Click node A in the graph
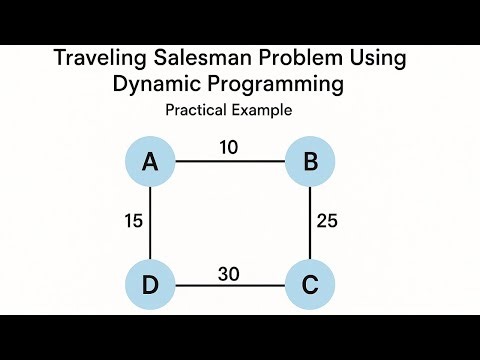[x=150, y=160]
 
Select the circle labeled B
[x=309, y=160]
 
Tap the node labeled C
[x=309, y=285]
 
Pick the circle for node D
[x=150, y=285]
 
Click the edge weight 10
[x=229, y=148]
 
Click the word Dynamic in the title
[x=153, y=85]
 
